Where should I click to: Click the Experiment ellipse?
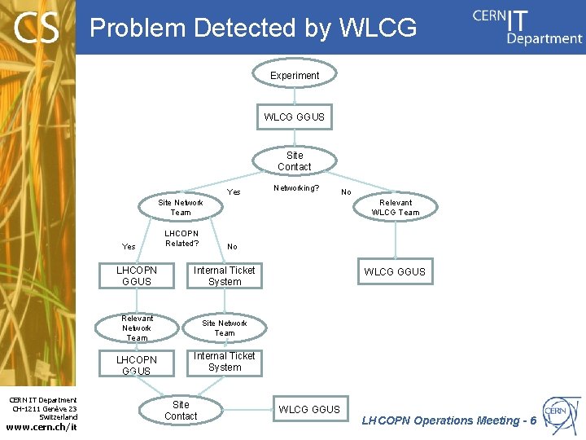click(x=295, y=76)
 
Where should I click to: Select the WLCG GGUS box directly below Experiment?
click(x=294, y=117)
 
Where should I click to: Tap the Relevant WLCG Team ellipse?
click(x=396, y=208)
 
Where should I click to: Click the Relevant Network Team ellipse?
click(x=137, y=328)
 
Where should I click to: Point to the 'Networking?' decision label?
click(x=296, y=187)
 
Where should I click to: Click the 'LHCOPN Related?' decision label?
click(x=181, y=238)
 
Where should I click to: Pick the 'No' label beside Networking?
click(x=346, y=192)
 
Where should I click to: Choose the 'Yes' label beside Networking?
click(x=234, y=192)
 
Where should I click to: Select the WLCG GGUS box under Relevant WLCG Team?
click(x=395, y=272)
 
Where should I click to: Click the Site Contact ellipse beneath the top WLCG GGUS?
click(x=294, y=161)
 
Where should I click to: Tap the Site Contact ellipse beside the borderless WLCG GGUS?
click(x=181, y=410)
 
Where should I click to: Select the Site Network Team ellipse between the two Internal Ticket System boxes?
click(x=225, y=328)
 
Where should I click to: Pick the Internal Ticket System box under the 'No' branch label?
click(x=225, y=276)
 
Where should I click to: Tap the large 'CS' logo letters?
click(x=37, y=29)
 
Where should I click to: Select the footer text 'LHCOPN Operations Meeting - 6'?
click(x=448, y=421)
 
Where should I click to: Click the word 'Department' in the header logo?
click(x=544, y=38)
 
